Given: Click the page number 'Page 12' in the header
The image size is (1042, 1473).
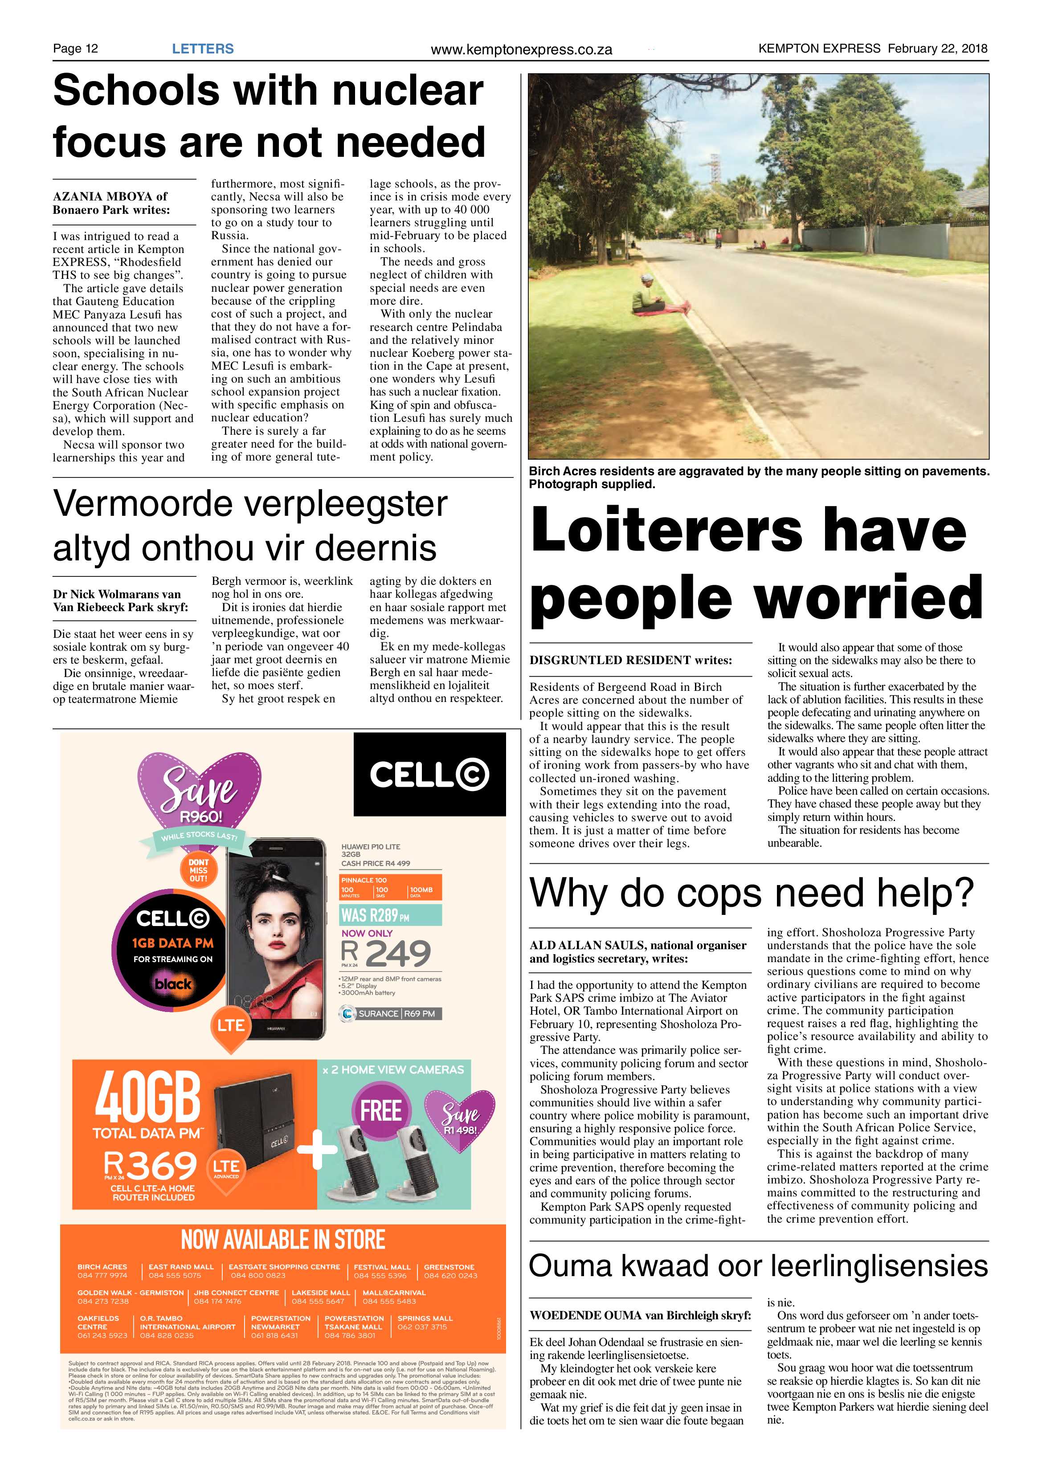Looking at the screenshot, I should coord(75,49).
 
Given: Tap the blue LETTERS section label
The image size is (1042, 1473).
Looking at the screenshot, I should coord(203,49).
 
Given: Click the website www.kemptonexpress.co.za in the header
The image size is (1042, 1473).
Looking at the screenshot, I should coord(521,49).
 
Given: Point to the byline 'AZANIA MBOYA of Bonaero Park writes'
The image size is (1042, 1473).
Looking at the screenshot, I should coord(111,203).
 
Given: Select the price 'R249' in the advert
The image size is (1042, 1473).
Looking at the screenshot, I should coord(386,953).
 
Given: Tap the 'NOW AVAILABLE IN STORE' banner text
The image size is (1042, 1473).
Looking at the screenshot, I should coord(283,1240).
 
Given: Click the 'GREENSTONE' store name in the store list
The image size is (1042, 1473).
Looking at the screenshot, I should coord(449,1267).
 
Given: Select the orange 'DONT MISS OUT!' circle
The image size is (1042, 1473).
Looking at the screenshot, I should coord(198,871).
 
